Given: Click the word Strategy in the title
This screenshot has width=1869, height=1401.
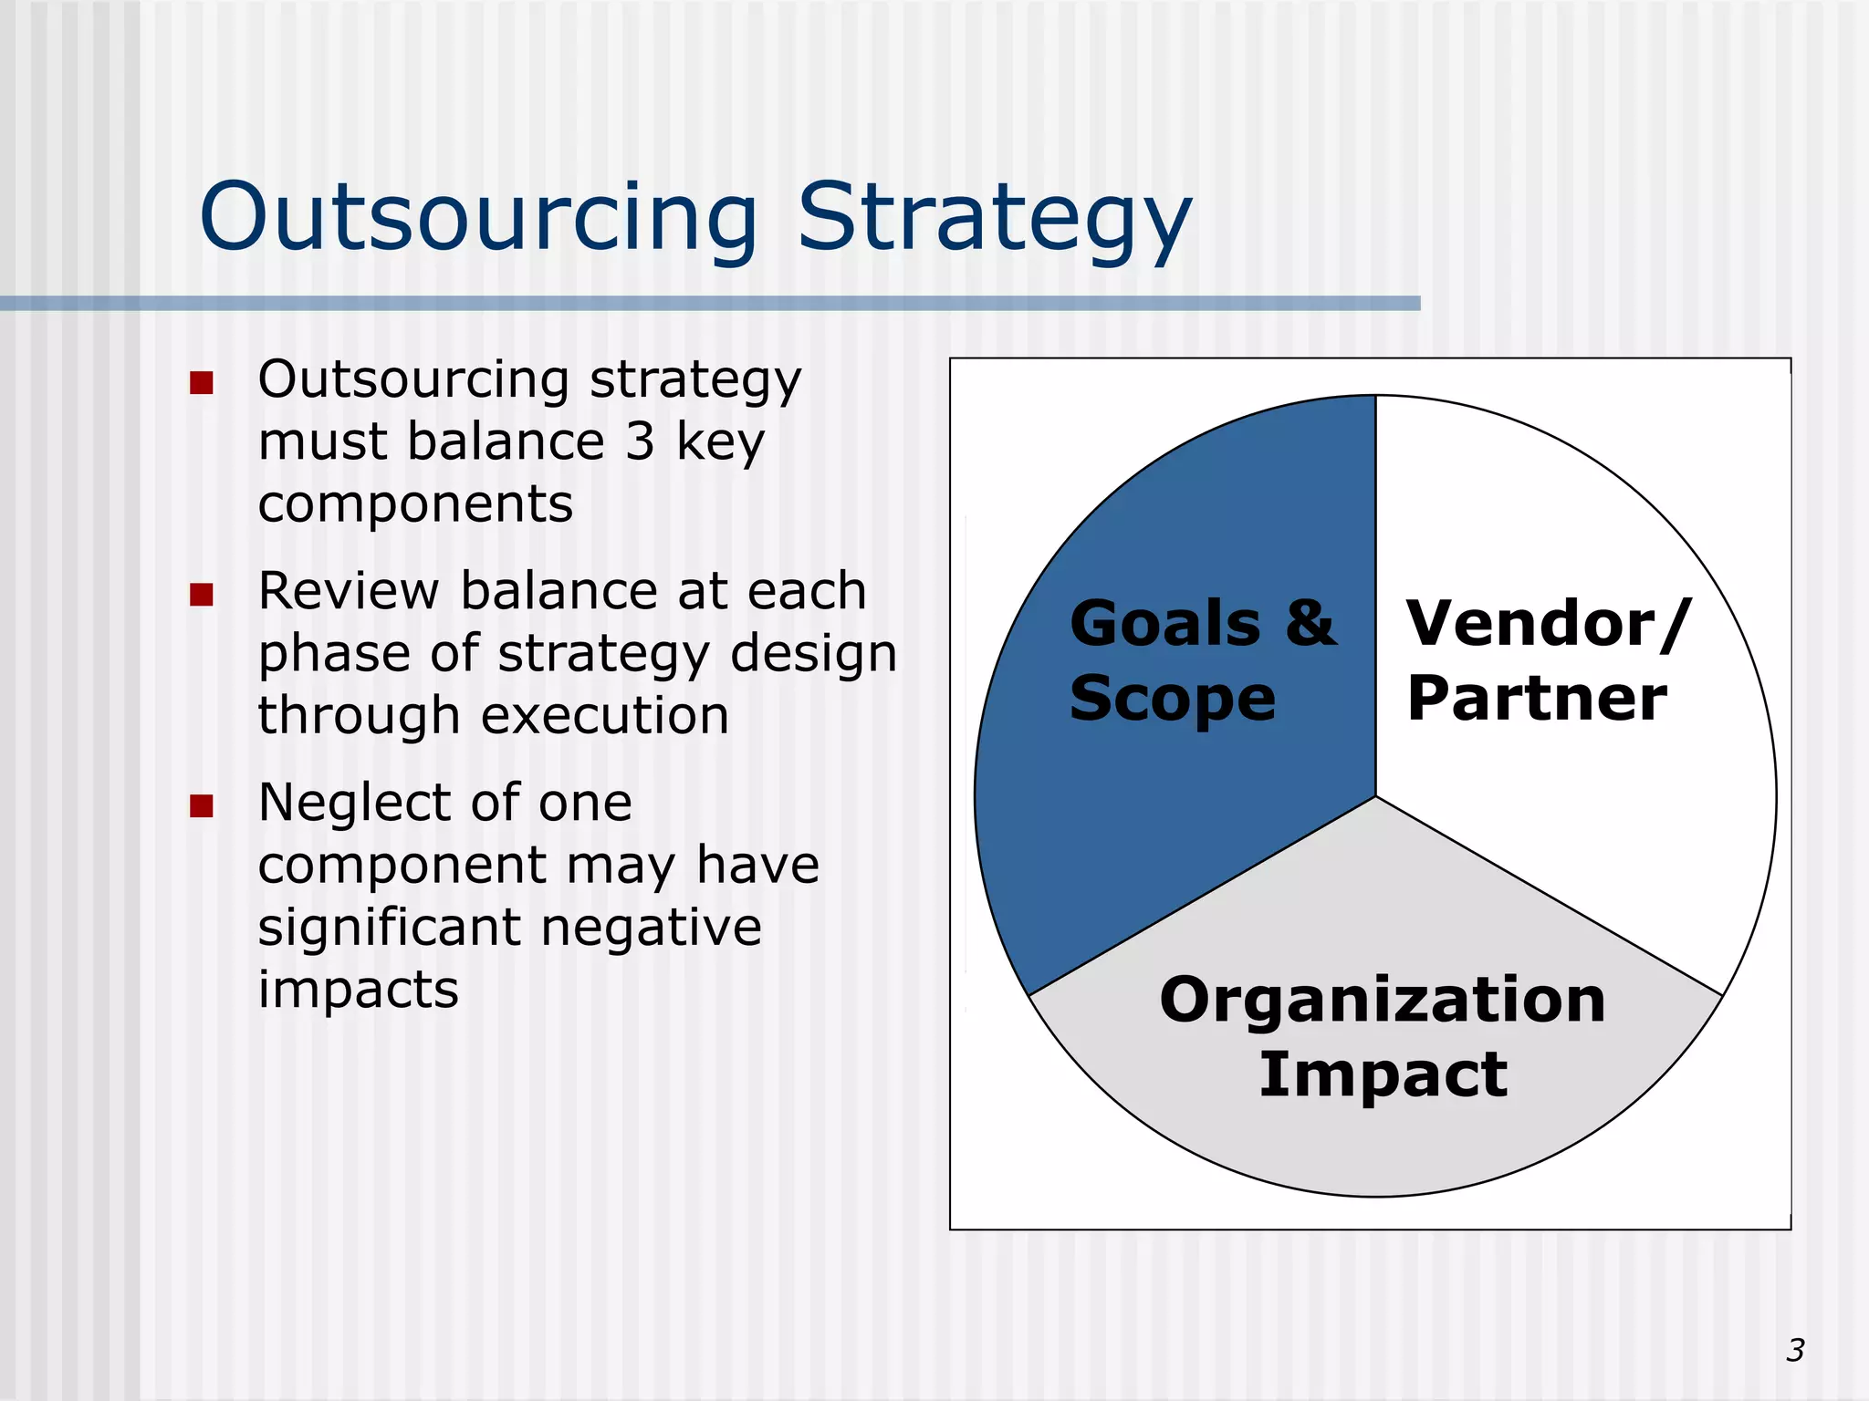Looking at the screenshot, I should (x=995, y=217).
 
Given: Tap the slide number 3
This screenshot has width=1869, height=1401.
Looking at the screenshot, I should (x=1795, y=1350).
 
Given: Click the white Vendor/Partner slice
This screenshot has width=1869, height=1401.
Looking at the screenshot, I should (x=1570, y=821).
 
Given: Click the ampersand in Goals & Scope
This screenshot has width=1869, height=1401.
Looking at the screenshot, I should (x=1310, y=624).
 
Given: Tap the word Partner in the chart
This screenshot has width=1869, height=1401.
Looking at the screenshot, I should (x=1537, y=699).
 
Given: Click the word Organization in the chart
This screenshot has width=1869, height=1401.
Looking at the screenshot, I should (x=1382, y=1000).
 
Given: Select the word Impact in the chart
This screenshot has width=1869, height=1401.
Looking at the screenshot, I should (x=1383, y=1074).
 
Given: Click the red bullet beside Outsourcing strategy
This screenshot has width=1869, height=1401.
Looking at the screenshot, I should (x=202, y=382).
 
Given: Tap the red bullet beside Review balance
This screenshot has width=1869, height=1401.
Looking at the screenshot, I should (x=202, y=595).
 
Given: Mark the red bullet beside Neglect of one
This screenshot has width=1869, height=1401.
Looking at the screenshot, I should (x=202, y=806).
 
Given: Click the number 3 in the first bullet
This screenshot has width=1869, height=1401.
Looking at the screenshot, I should (x=640, y=441).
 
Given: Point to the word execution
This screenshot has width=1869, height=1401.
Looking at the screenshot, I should (x=604, y=716).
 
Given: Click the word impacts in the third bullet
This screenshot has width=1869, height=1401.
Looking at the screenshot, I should (x=358, y=991).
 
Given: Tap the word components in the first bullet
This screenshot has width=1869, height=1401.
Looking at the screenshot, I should (x=415, y=504).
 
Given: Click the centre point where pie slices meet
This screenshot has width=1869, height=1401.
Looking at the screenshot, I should (x=1375, y=796).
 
